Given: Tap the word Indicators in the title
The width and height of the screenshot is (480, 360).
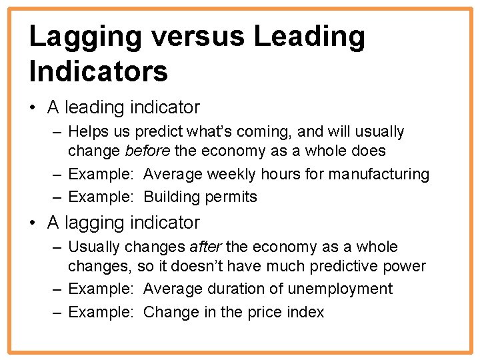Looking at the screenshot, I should click(99, 71).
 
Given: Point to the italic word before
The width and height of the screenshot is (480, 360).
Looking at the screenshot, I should click(147, 151).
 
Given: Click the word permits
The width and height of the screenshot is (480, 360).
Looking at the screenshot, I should click(231, 197).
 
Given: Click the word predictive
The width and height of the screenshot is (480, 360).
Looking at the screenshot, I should click(347, 266).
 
